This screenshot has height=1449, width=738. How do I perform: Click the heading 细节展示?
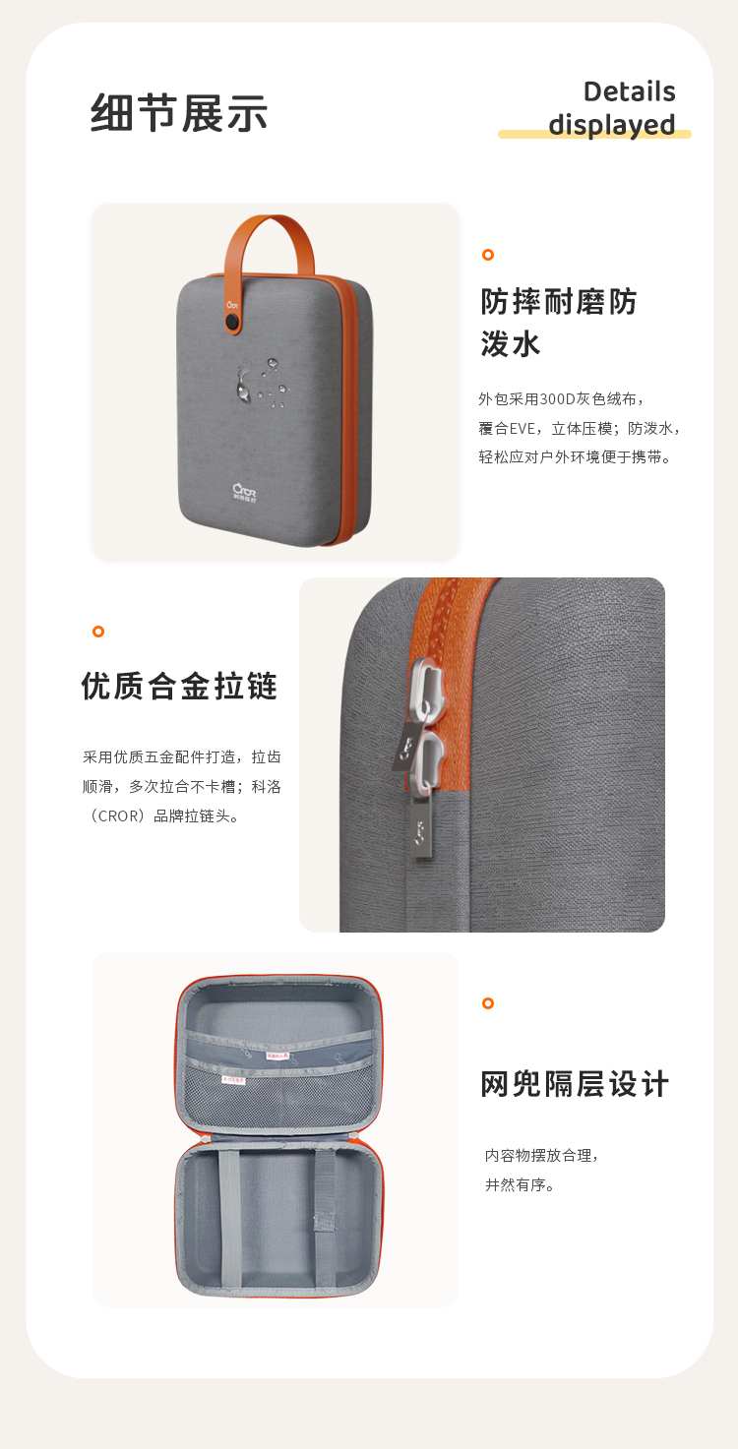coord(179,113)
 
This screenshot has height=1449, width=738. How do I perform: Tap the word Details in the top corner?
coord(629,91)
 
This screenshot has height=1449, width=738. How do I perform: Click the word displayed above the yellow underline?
coord(611,125)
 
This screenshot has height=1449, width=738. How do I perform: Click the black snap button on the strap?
coord(233,322)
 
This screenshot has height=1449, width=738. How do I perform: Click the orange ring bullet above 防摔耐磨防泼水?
coord(487,255)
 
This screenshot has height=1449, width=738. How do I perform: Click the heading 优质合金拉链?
coord(180,686)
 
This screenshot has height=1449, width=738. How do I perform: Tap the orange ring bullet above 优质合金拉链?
coord(98,632)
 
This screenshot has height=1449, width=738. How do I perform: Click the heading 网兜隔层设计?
coord(575,1084)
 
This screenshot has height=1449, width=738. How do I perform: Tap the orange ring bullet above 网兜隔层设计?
coord(487,1003)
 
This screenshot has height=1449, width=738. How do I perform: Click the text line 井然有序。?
coord(521,1184)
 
